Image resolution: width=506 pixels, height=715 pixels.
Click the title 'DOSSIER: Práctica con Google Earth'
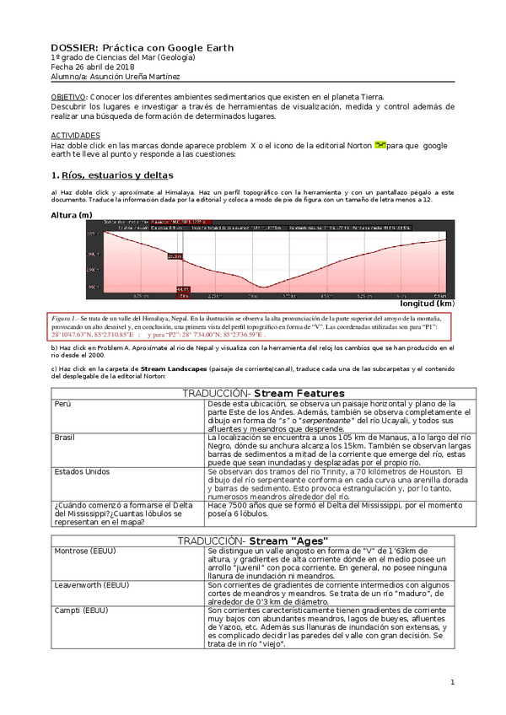click(142, 48)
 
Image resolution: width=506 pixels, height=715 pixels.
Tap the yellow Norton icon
click(380, 145)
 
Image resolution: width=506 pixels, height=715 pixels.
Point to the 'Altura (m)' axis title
click(72, 214)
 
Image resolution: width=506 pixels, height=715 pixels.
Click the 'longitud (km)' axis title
click(427, 304)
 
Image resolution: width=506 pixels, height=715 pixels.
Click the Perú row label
click(62, 404)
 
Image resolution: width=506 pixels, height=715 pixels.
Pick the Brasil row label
click(65, 438)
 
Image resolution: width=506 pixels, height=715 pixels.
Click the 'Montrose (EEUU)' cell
click(85, 551)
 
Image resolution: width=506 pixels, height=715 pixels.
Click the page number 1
click(452, 681)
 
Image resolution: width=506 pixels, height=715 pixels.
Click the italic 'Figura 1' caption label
click(66, 317)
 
